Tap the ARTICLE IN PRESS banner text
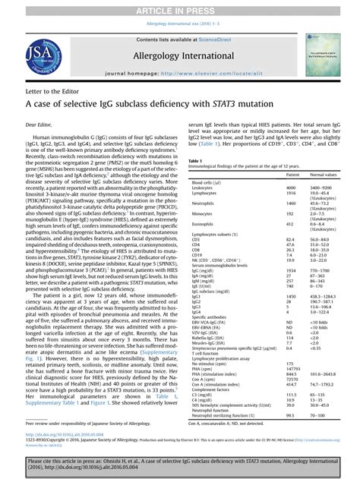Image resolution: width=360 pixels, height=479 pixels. pyautogui.click(x=180, y=7)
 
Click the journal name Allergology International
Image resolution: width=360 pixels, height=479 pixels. pyautogui.click(x=180, y=56)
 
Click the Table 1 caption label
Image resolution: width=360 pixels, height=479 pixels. pyautogui.click(x=194, y=162)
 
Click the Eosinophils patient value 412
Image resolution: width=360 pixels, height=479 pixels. pyautogui.click(x=289, y=224)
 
